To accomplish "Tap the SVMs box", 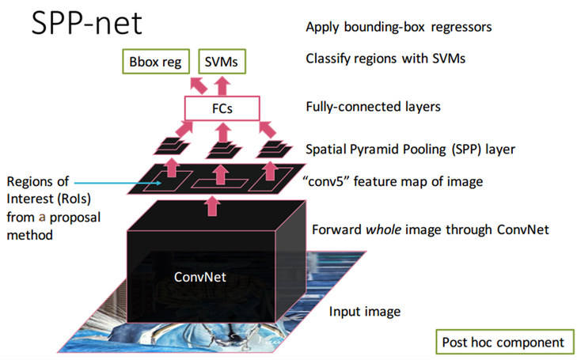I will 222,62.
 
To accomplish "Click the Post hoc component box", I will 503,342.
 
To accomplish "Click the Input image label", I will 365,311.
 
